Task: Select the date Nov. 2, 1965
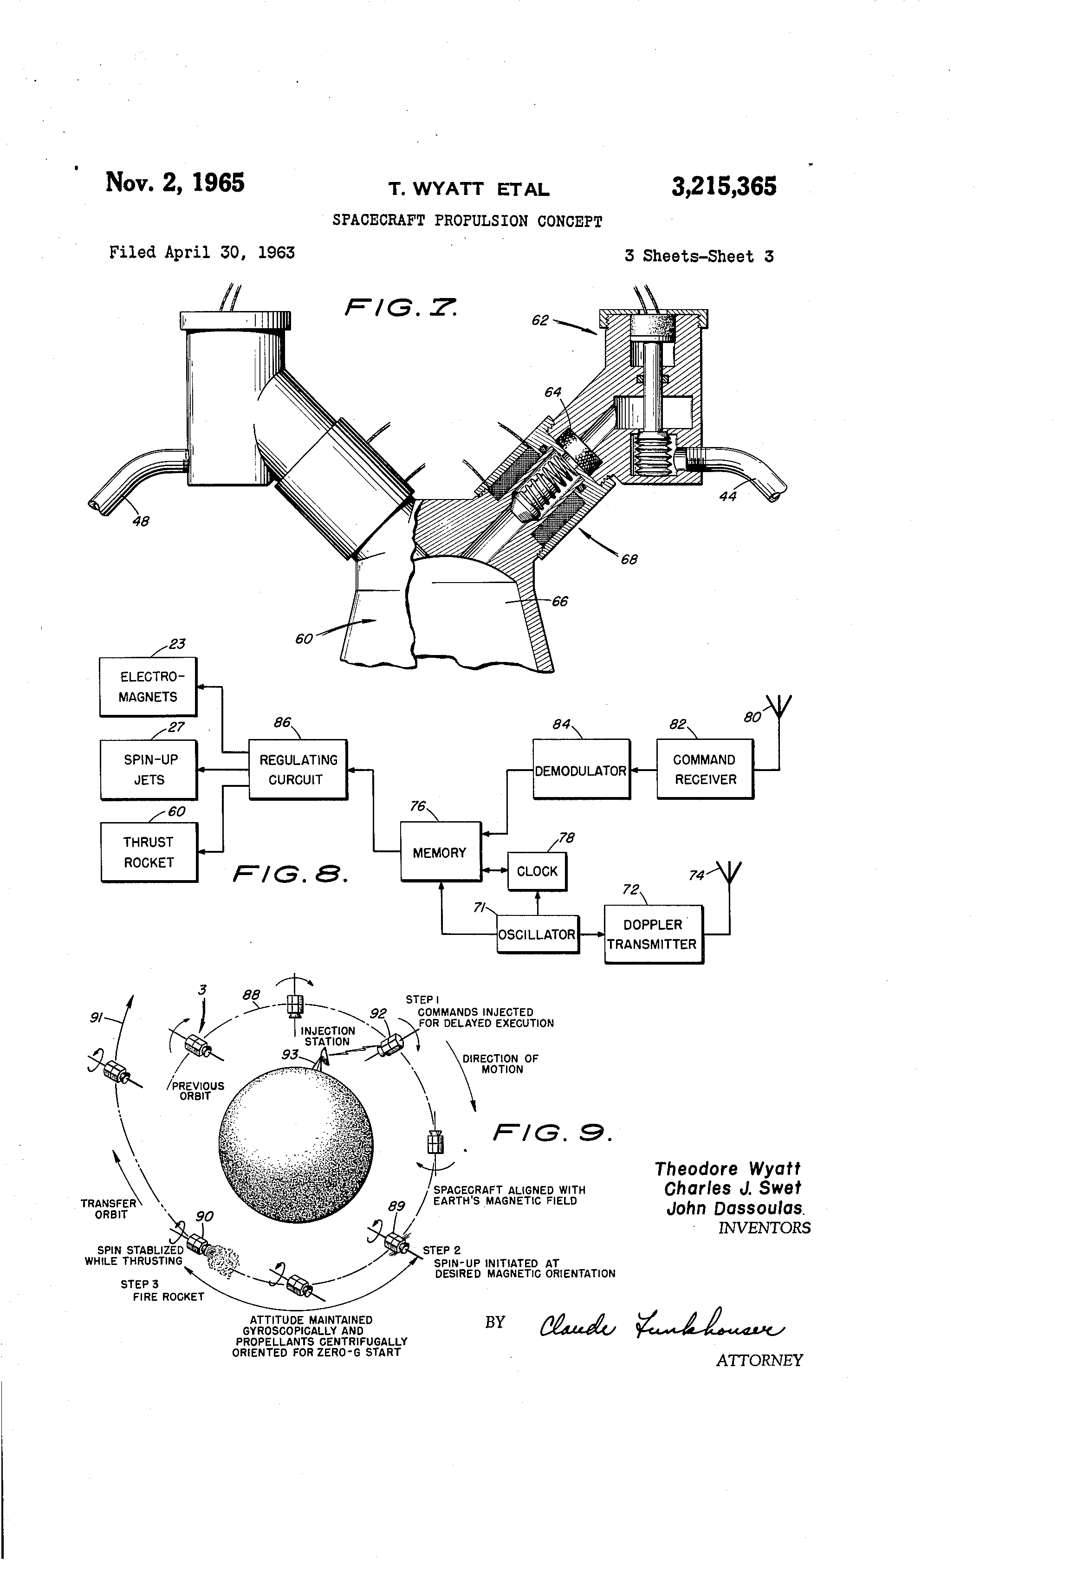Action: [175, 182]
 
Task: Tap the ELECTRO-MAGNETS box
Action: [149, 687]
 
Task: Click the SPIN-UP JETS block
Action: [149, 770]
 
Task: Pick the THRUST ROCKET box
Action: [149, 852]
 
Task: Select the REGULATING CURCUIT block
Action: [298, 769]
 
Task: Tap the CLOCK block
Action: [537, 871]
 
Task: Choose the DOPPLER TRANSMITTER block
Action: [654, 934]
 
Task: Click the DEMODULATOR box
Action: [581, 770]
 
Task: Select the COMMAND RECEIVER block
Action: [705, 769]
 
